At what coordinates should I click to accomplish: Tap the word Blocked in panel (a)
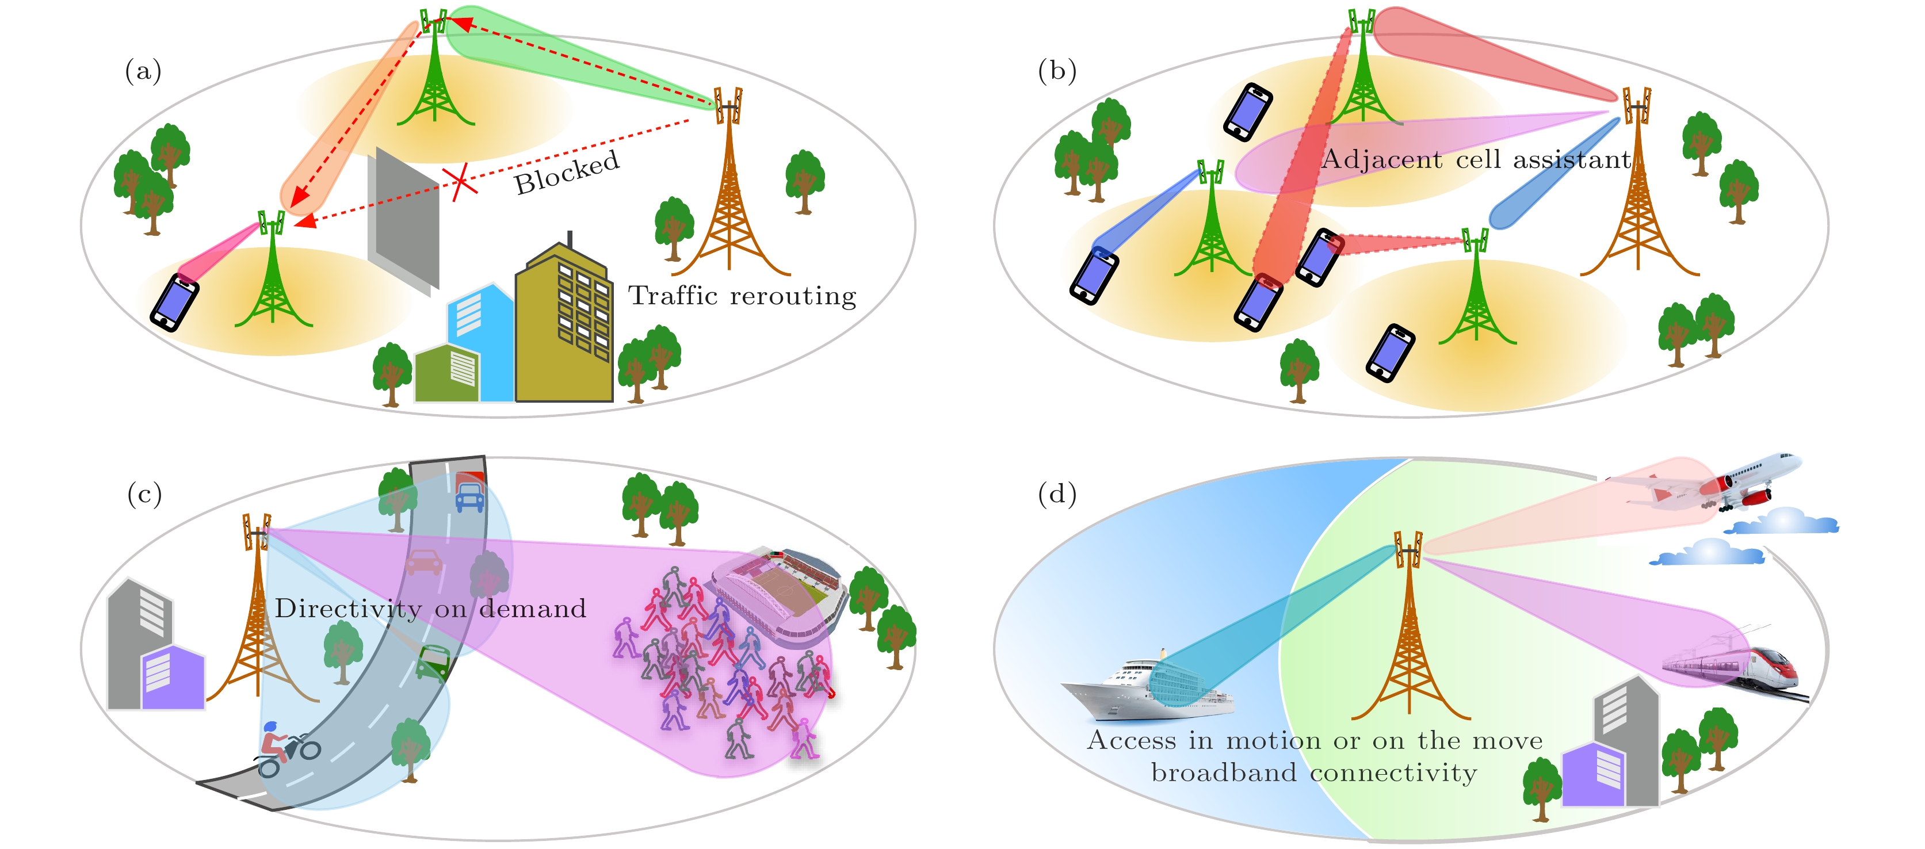coord(567,172)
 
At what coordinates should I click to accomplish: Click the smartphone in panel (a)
coord(174,302)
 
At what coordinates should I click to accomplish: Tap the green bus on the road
coord(432,661)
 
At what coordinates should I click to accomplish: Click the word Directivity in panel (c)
coord(347,609)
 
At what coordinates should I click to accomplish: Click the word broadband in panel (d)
coord(1223,772)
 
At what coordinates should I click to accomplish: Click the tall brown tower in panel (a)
coord(728,194)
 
